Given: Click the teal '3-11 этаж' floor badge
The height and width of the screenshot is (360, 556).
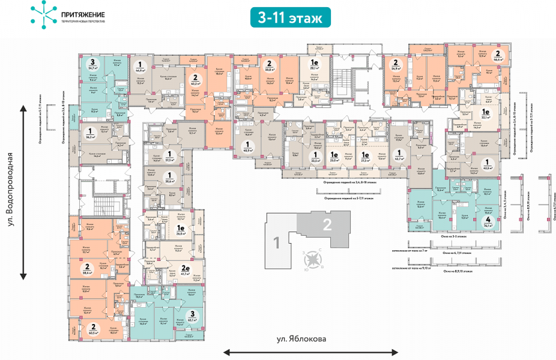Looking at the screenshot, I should point(291,17).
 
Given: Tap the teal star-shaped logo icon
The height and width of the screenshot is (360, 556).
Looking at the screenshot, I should point(41,15).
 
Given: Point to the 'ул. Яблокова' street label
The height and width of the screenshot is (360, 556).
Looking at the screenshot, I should point(302,339).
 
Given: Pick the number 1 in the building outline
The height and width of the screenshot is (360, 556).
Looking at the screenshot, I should point(277,242).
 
